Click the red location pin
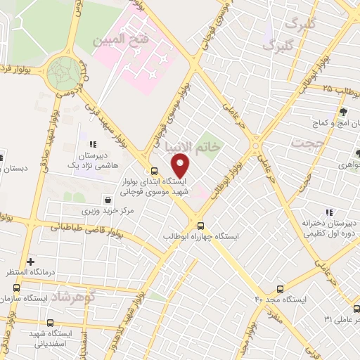pos(181,167)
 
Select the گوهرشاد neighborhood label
pos(72,297)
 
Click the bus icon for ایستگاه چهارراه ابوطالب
pos(201,226)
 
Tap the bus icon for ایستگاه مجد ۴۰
pos(281,289)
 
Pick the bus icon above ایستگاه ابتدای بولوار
pos(153,170)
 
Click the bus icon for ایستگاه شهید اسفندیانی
pos(49,323)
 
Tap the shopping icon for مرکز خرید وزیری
pos(106,199)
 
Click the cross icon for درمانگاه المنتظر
pos(30,262)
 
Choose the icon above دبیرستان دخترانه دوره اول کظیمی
pos(328,213)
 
